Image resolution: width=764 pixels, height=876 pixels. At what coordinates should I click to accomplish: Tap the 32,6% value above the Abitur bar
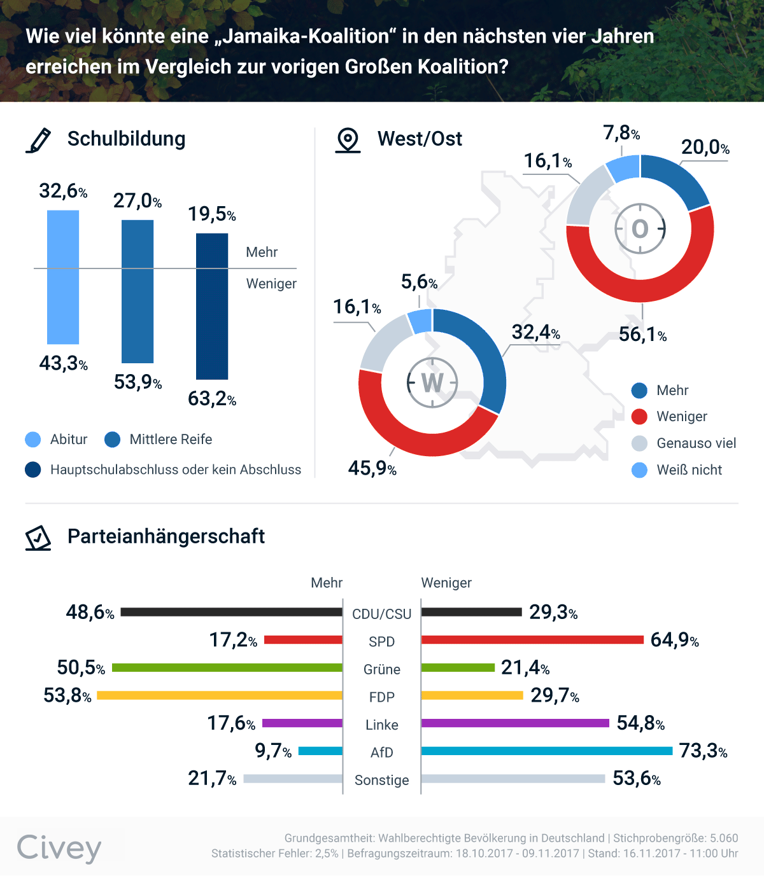[x=63, y=191]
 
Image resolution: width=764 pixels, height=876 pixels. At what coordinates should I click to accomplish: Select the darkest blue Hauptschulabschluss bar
[x=212, y=306]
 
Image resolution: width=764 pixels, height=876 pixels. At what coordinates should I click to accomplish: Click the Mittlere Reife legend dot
[x=113, y=440]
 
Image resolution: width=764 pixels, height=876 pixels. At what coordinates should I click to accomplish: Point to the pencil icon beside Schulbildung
[x=38, y=140]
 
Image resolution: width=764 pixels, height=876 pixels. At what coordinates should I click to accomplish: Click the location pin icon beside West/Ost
[x=348, y=140]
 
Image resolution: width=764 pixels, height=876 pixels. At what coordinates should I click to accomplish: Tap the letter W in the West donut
[x=432, y=383]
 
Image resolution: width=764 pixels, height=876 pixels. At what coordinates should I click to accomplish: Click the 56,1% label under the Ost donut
[x=642, y=335]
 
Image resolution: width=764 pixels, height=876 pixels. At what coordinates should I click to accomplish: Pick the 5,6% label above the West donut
[x=419, y=282]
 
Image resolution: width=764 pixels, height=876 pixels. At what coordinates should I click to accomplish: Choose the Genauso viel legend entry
[x=696, y=443]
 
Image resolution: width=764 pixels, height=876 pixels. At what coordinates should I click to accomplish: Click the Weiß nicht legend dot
[x=639, y=470]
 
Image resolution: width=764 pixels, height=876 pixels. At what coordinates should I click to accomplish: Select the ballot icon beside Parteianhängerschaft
[x=38, y=538]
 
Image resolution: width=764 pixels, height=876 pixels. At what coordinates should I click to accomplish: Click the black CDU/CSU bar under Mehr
[x=231, y=612]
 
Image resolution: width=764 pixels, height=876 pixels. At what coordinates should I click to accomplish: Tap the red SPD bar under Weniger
[x=532, y=639]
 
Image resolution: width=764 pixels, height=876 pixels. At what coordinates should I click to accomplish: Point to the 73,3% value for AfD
[x=703, y=751]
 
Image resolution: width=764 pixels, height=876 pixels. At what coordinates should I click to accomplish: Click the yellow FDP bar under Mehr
[x=220, y=695]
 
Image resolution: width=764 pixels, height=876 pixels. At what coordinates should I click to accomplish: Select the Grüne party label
[x=382, y=669]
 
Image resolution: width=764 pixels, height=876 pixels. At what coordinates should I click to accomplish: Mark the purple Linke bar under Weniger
[x=515, y=723]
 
